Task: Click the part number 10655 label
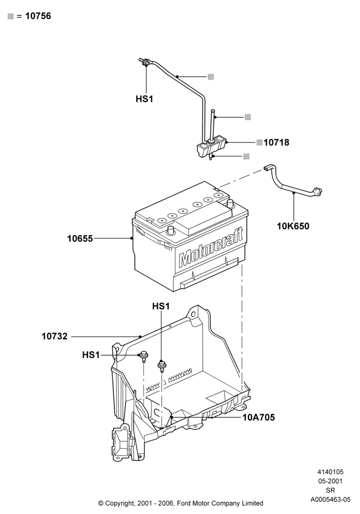coord(80,238)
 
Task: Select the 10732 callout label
coord(55,336)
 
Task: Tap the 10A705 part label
coord(259,417)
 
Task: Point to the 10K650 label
coord(293,226)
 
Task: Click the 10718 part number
coord(276,142)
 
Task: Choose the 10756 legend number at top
coord(38,16)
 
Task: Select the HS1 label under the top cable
coord(145,99)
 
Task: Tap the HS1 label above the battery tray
coord(161,306)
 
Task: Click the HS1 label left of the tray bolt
coord(91,355)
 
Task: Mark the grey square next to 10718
coord(259,142)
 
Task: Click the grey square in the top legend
coord(11,16)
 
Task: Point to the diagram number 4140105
coord(330,472)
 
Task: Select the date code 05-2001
coord(330,481)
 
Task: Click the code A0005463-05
coord(330,500)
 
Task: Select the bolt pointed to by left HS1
coord(144,356)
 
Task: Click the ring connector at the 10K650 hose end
coord(318,191)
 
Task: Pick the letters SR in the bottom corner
coord(330,490)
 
